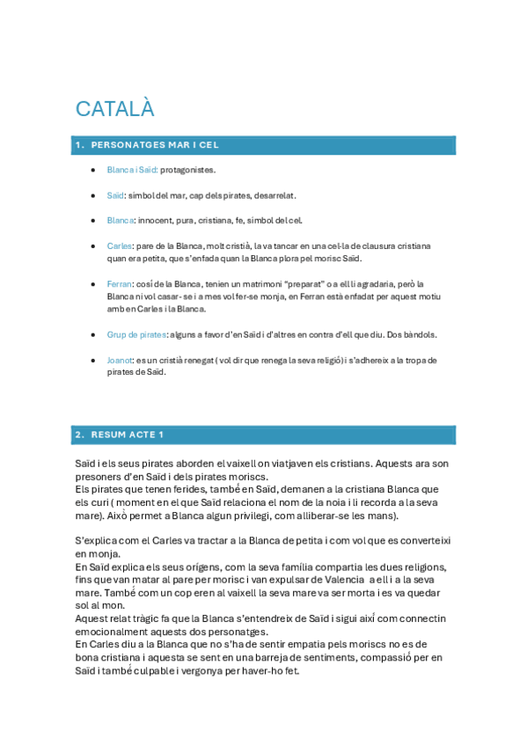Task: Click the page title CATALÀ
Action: [114, 108]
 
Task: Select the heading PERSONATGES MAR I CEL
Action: [154, 144]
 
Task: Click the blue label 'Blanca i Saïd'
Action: [131, 170]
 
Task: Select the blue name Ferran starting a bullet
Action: [119, 284]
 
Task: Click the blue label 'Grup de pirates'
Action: [135, 334]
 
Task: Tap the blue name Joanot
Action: [121, 360]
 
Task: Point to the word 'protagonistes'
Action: [187, 170]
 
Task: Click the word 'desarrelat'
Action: [275, 194]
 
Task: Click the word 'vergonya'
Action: [245, 670]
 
